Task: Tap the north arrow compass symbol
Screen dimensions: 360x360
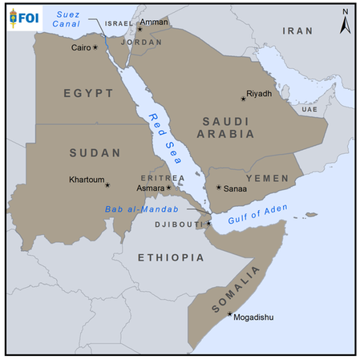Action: tap(344, 22)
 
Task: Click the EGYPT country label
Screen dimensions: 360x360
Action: tap(88, 93)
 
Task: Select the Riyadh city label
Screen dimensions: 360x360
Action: tap(260, 93)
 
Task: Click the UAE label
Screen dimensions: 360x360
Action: tap(309, 109)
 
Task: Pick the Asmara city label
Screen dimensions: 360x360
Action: tap(151, 188)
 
